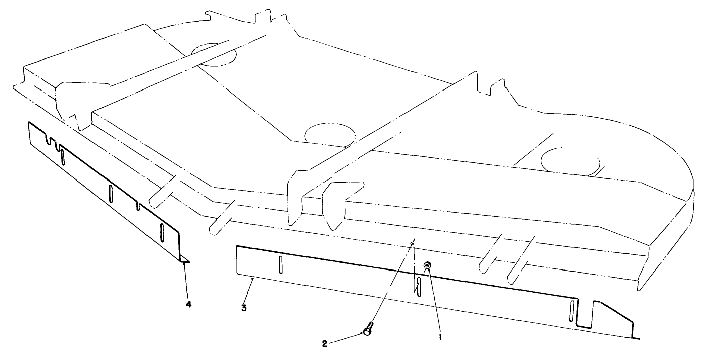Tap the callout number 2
tap(325, 344)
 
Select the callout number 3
tap(244, 308)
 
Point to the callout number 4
tap(189, 304)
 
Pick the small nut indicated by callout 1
tap(427, 265)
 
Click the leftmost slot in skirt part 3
tap(280, 264)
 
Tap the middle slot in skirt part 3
tap(419, 287)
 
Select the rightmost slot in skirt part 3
tap(572, 311)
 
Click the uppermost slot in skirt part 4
tap(63, 157)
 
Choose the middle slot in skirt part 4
tap(111, 193)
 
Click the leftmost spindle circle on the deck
tap(214, 54)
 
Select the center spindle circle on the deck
tap(330, 135)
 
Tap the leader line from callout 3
tap(248, 291)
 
